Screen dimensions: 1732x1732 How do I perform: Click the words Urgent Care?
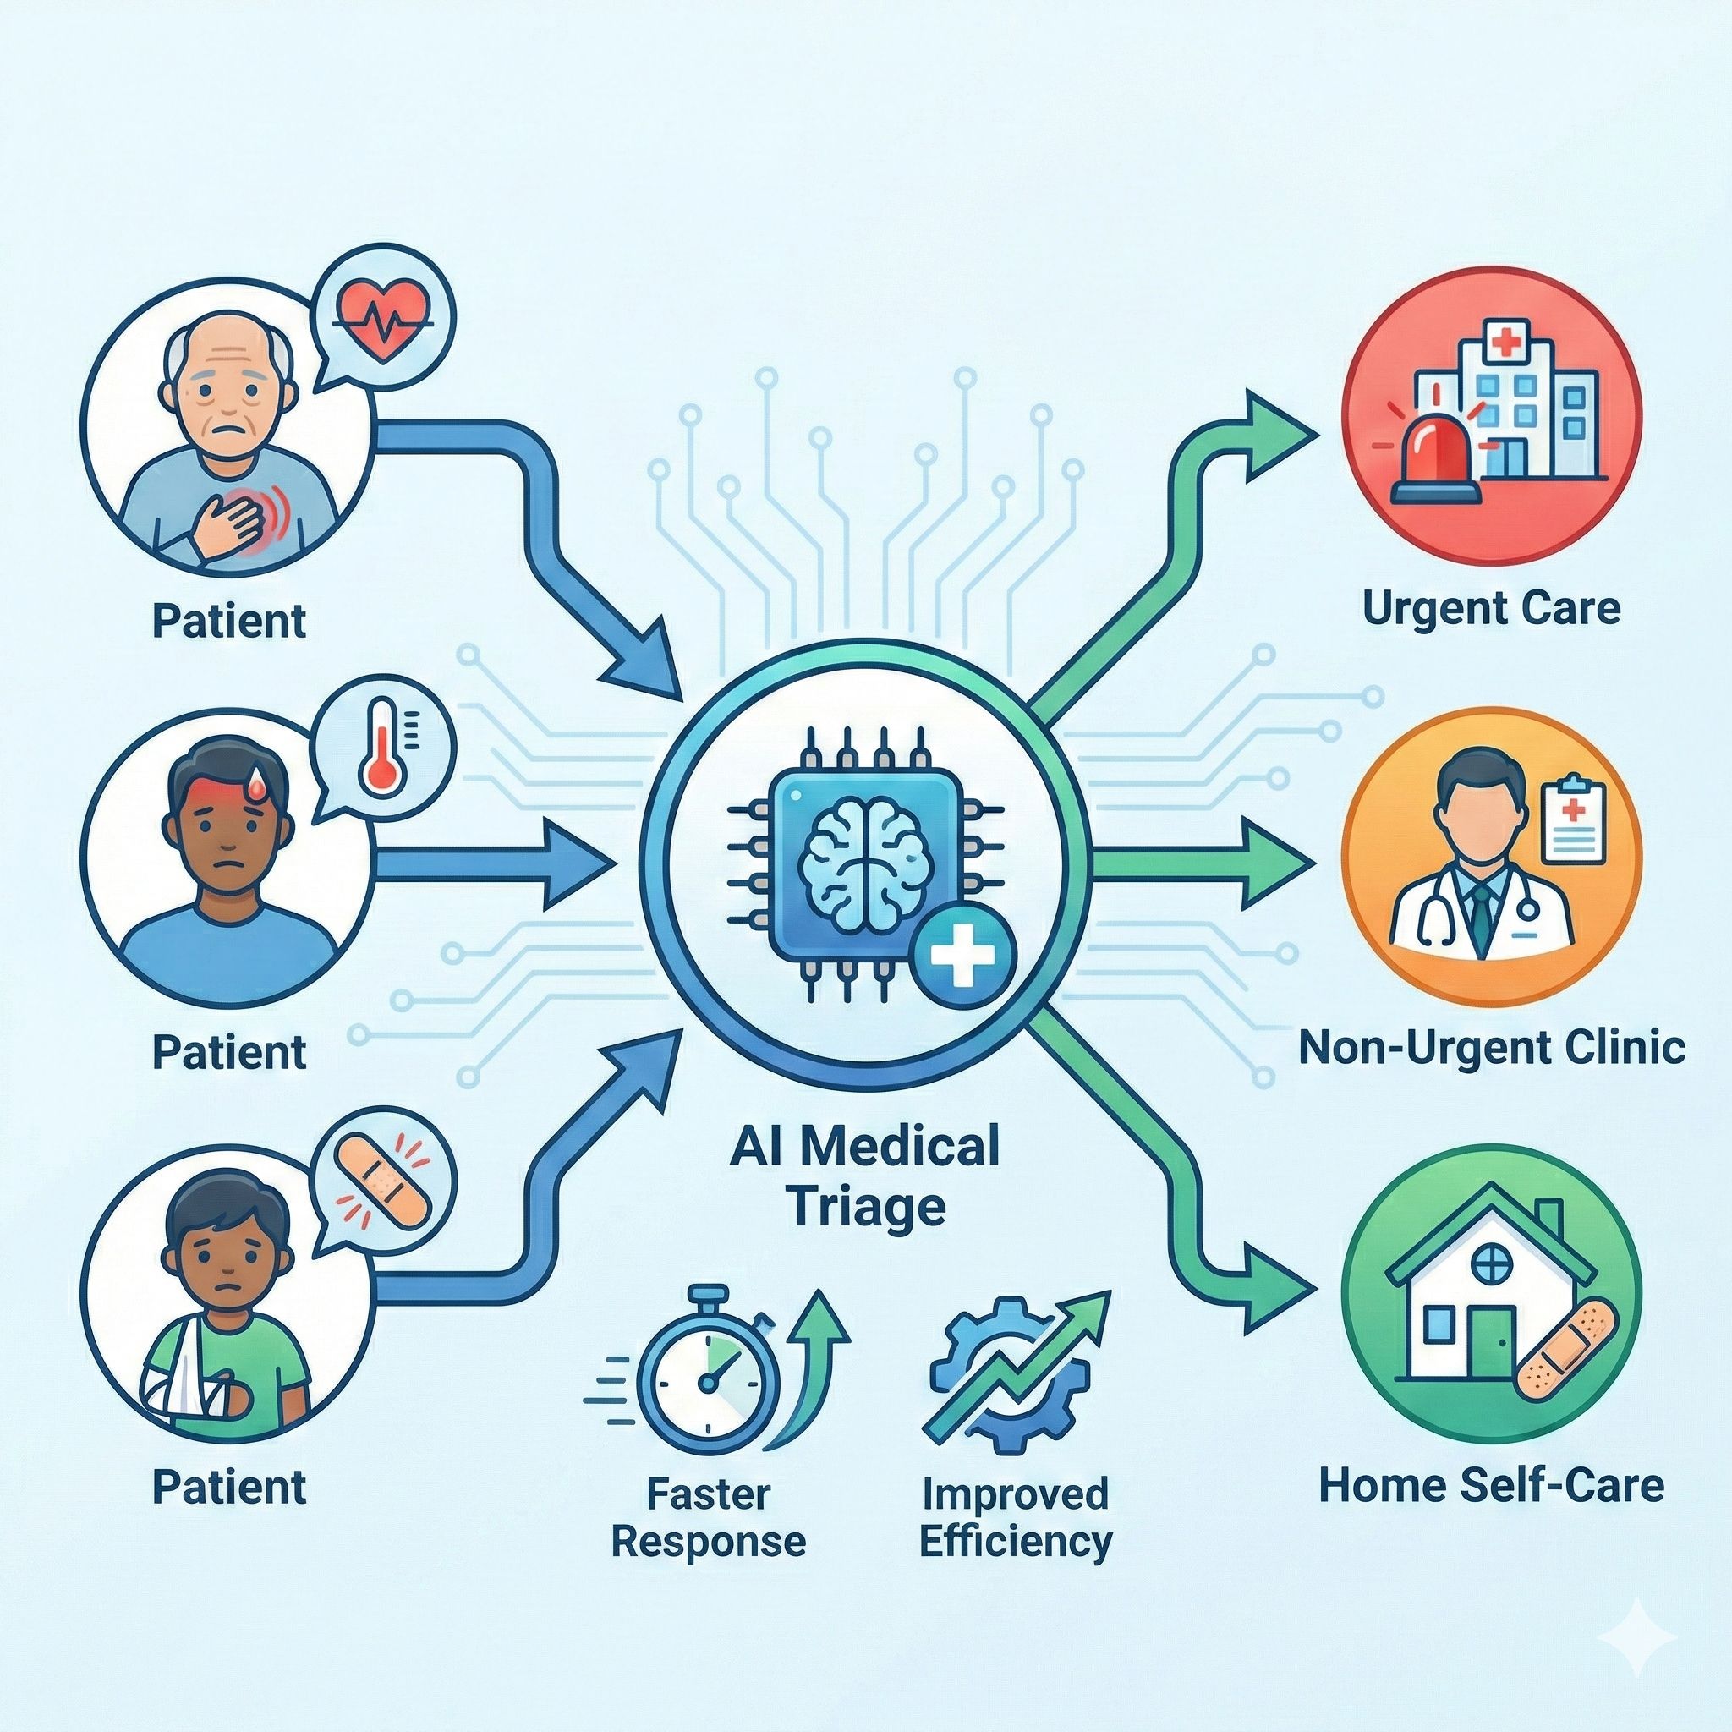pos(1491,609)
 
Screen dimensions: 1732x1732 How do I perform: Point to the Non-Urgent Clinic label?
pos(1491,1047)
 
